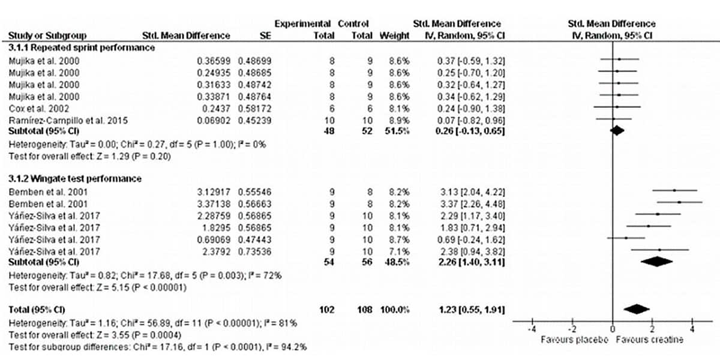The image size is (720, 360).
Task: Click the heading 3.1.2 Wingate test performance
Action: (x=75, y=179)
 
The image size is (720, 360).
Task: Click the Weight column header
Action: (x=394, y=35)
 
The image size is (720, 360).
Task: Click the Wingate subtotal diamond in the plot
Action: (x=657, y=262)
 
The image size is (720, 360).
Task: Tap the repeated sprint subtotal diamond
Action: (x=617, y=130)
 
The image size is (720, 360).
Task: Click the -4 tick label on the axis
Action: (x=532, y=329)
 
